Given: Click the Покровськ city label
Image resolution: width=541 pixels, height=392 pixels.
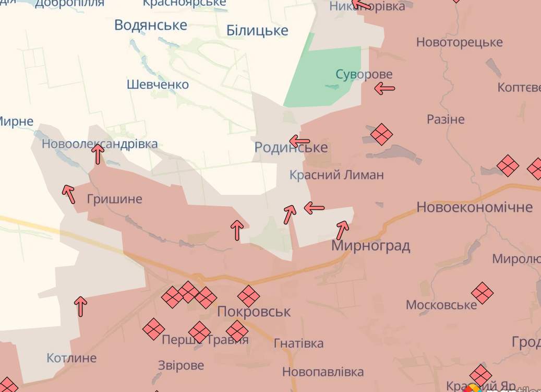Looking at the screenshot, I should coord(254,312).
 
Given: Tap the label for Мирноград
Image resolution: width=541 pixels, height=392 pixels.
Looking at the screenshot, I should coord(370,245).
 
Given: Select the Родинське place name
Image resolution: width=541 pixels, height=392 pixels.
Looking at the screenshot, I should coord(291,148).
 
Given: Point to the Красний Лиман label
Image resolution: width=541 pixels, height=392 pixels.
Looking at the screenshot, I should coord(336,175).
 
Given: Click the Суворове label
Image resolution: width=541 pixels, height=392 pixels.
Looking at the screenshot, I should coord(364,74).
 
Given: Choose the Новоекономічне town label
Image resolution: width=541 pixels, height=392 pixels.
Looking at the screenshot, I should coord(474,207).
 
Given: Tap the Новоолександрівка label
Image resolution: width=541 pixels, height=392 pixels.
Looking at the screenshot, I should coord(100,144).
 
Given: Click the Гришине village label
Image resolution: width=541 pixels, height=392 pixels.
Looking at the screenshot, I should coord(114,199).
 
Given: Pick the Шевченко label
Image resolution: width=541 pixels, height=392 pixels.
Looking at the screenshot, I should coord(158,85).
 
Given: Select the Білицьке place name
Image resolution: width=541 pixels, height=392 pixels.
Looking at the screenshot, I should coord(257,31).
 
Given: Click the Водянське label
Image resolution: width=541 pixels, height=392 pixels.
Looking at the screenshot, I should coord(151,25).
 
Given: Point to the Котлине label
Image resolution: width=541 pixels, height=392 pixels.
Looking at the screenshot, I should coord(71,358).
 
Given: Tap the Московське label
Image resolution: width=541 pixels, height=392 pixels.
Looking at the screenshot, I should coord(441,305).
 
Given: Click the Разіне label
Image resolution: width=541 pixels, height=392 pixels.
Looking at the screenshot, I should coord(446,119).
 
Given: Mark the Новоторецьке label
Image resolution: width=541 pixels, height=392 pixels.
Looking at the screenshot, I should coord(459,42).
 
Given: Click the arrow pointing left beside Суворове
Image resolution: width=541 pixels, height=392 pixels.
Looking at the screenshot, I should coord(385,89).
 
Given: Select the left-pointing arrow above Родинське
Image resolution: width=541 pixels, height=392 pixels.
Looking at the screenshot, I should coord(299,141).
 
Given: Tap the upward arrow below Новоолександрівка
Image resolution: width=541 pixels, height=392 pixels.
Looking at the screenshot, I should coord(98,155).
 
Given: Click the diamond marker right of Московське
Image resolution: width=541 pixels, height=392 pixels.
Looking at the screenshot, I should coord(482,293).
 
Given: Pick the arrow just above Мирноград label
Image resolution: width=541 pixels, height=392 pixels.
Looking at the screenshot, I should coord(343,229).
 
